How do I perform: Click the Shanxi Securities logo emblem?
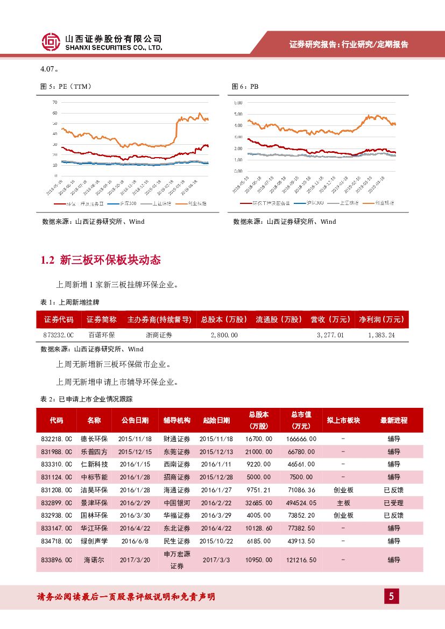pos(51,42)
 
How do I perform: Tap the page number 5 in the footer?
pos(391,596)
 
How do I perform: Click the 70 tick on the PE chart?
pos(55,102)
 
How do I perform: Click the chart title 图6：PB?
pos(245,86)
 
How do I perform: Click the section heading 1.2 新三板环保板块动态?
pos(101,260)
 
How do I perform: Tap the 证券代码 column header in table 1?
pos(59,320)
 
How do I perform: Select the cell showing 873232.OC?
pos(58,335)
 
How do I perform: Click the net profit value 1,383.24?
pos(382,335)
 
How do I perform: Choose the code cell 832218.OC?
pos(56,439)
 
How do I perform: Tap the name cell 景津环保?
pos(94,503)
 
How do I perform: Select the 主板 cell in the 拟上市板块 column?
pos(343,503)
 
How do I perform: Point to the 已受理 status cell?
pos(393,503)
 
